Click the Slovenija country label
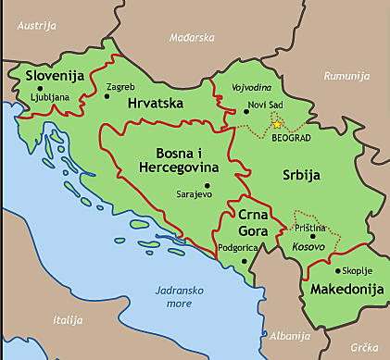click(x=55, y=75)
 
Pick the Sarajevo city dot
click(x=180, y=195)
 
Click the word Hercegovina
click(x=178, y=168)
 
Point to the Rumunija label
click(x=346, y=75)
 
